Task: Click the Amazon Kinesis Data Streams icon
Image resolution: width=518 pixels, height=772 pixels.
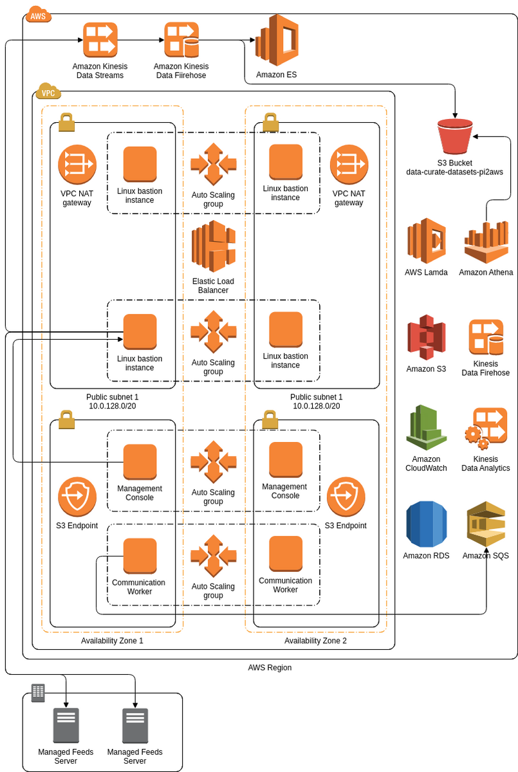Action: tap(99, 40)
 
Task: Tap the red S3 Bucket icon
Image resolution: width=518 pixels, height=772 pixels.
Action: tap(455, 136)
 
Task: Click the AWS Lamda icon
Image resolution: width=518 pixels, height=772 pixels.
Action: tap(426, 241)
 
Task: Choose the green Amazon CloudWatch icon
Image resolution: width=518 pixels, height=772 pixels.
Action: tap(426, 428)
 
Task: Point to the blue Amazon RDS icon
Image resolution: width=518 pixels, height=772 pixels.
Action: tap(426, 525)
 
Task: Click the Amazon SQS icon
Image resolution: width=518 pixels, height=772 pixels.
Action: tap(486, 525)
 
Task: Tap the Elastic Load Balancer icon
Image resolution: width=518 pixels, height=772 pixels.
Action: tap(213, 247)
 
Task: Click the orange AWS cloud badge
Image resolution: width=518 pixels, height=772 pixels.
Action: tap(38, 15)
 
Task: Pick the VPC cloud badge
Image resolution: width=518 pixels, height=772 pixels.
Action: tap(48, 92)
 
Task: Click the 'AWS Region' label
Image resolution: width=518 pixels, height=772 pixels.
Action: tap(270, 668)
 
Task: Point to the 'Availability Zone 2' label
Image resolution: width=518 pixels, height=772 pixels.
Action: tap(315, 641)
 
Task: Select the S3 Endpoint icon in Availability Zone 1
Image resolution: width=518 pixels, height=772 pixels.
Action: tap(77, 497)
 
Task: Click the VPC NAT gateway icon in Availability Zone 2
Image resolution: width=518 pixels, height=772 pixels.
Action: tap(349, 164)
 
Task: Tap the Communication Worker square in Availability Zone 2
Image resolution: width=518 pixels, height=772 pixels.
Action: tap(286, 553)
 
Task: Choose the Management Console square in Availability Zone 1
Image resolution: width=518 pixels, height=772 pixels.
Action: tap(140, 461)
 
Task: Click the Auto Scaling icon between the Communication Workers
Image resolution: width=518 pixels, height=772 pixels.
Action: tap(213, 556)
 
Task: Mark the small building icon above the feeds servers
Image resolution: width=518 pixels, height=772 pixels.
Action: tap(38, 692)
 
